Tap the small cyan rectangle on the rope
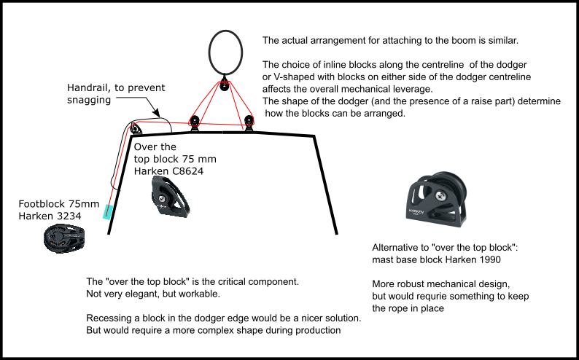click(x=108, y=212)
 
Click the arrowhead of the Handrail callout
click(x=160, y=117)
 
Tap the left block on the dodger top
click(x=195, y=121)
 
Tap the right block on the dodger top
click(x=249, y=122)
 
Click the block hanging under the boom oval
click(x=225, y=86)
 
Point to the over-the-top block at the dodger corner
click(x=136, y=130)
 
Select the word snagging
click(x=88, y=101)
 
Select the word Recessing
click(x=112, y=318)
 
